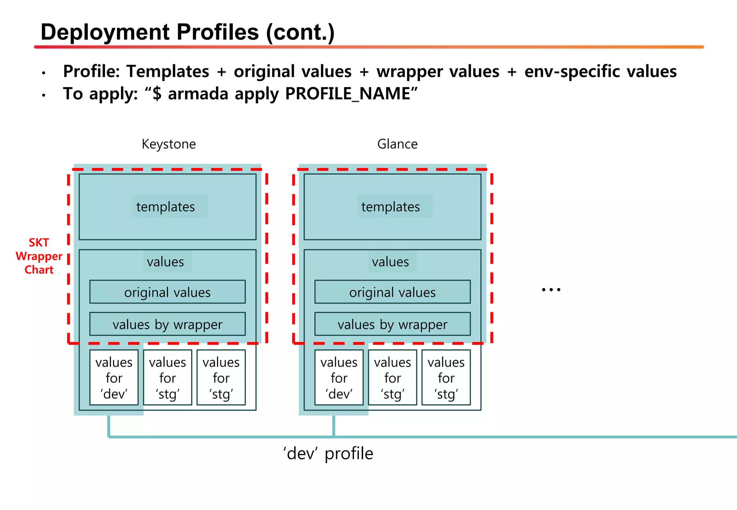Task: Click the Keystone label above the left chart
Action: [x=168, y=144]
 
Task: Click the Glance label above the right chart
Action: [x=397, y=144]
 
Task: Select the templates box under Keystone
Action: [x=167, y=207]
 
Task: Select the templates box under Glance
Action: [x=392, y=207]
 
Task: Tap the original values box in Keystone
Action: [x=167, y=292]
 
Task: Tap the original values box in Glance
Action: [x=392, y=292]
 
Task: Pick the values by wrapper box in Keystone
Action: [x=167, y=324]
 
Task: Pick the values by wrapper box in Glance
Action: [x=392, y=324]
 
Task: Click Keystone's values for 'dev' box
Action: [x=114, y=378]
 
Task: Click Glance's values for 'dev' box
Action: [x=339, y=378]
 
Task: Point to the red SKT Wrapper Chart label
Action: [x=39, y=256]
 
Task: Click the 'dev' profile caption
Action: [x=328, y=453]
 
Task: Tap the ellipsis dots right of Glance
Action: [x=551, y=290]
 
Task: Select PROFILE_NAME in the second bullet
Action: [x=348, y=94]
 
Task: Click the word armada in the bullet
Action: [x=198, y=94]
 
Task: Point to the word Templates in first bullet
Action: [x=167, y=71]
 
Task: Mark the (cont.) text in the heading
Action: [x=300, y=32]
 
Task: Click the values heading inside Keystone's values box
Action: [x=165, y=262]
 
